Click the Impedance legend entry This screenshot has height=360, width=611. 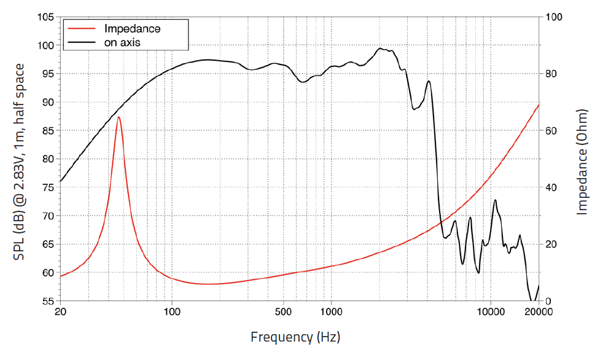pyautogui.click(x=132, y=29)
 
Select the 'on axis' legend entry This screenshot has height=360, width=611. pyautogui.click(x=122, y=42)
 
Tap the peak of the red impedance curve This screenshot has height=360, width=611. pyautogui.click(x=119, y=117)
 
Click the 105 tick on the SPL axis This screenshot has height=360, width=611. pyautogui.click(x=45, y=17)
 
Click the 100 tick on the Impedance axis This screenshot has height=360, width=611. pyautogui.click(x=555, y=17)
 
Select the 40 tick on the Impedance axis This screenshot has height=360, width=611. pyautogui.click(x=552, y=187)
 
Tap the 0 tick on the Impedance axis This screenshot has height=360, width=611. pyautogui.click(x=549, y=301)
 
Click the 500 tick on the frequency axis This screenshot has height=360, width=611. pyautogui.click(x=283, y=312)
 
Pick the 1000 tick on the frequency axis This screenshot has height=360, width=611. pyautogui.click(x=331, y=312)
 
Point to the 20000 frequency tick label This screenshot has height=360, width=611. pyautogui.click(x=539, y=312)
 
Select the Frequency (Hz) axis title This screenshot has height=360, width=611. pyautogui.click(x=295, y=337)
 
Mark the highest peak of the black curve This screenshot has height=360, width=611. pyautogui.click(x=380, y=48)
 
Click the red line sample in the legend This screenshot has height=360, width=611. pyautogui.click(x=82, y=29)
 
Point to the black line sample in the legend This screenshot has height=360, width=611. pyautogui.click(x=82, y=42)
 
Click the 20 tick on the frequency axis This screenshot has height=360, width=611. pyautogui.click(x=60, y=312)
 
